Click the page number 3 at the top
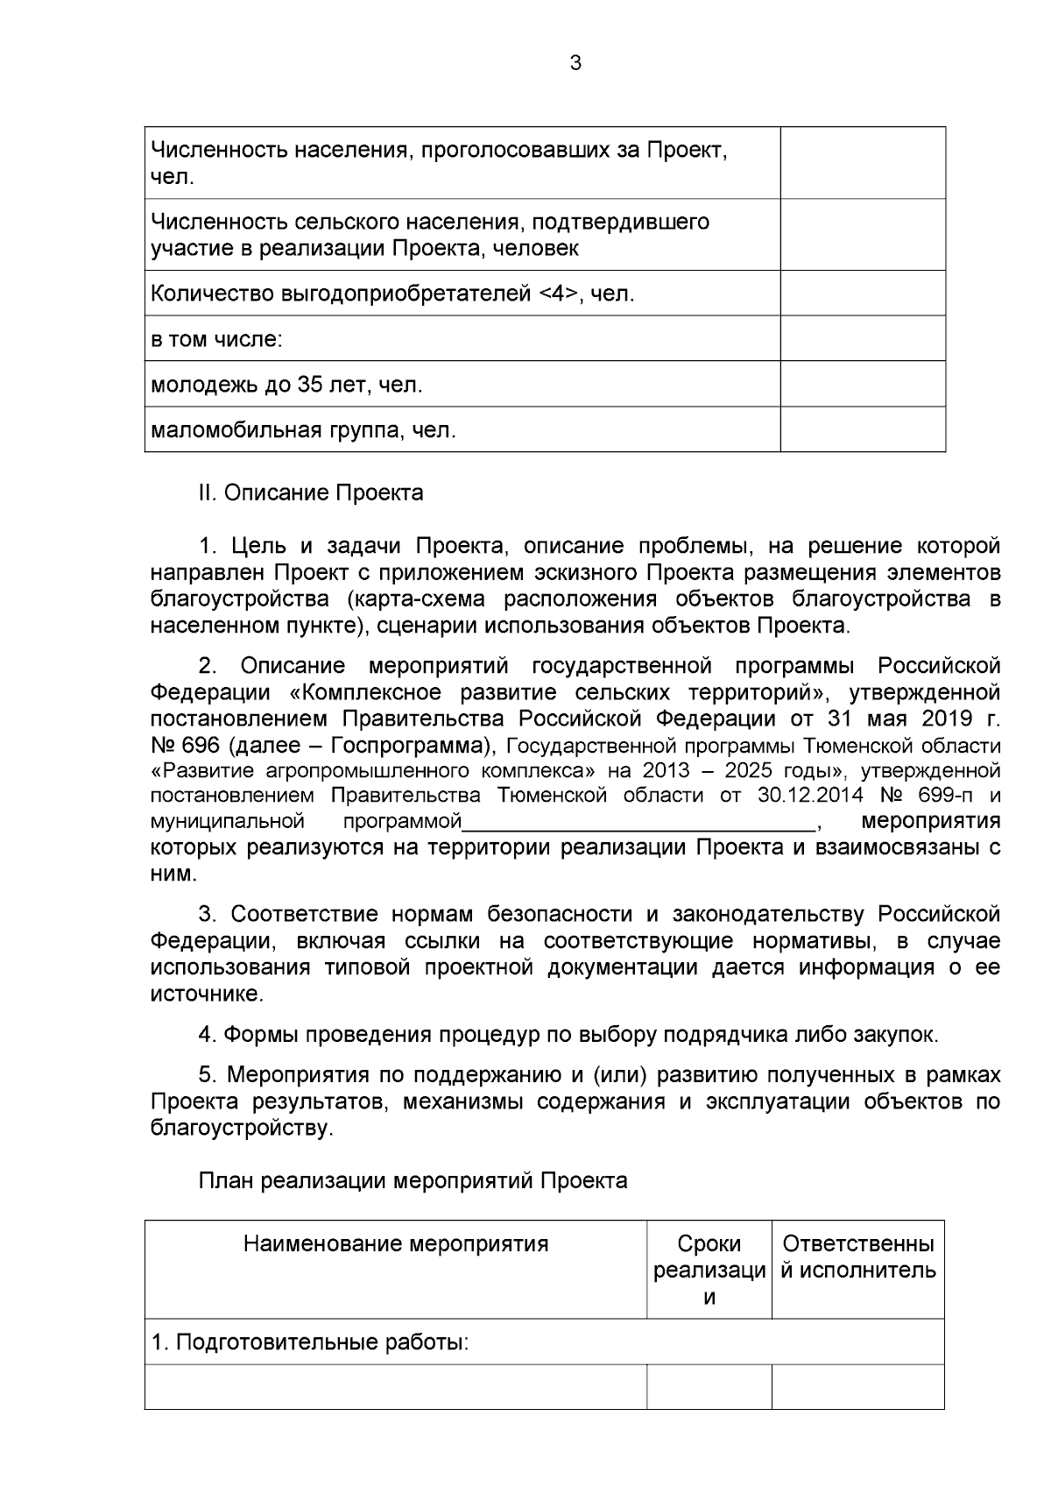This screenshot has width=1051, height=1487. (575, 63)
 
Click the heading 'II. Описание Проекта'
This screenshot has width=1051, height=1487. (311, 492)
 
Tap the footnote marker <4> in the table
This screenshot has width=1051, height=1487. (555, 294)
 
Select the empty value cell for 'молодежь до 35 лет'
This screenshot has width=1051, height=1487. (862, 384)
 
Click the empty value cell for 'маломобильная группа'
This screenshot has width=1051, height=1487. (862, 429)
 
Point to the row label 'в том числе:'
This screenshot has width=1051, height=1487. (216, 339)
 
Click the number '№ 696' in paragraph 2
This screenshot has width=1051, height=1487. (176, 746)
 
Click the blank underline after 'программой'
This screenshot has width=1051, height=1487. (639, 823)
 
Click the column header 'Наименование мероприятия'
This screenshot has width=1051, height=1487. (396, 1243)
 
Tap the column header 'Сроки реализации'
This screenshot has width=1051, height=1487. (709, 1270)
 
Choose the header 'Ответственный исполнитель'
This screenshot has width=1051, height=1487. (858, 1257)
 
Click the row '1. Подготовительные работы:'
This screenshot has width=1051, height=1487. (310, 1342)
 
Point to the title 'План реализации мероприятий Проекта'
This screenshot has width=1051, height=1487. (413, 1180)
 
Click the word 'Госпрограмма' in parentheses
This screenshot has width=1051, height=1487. (410, 746)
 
